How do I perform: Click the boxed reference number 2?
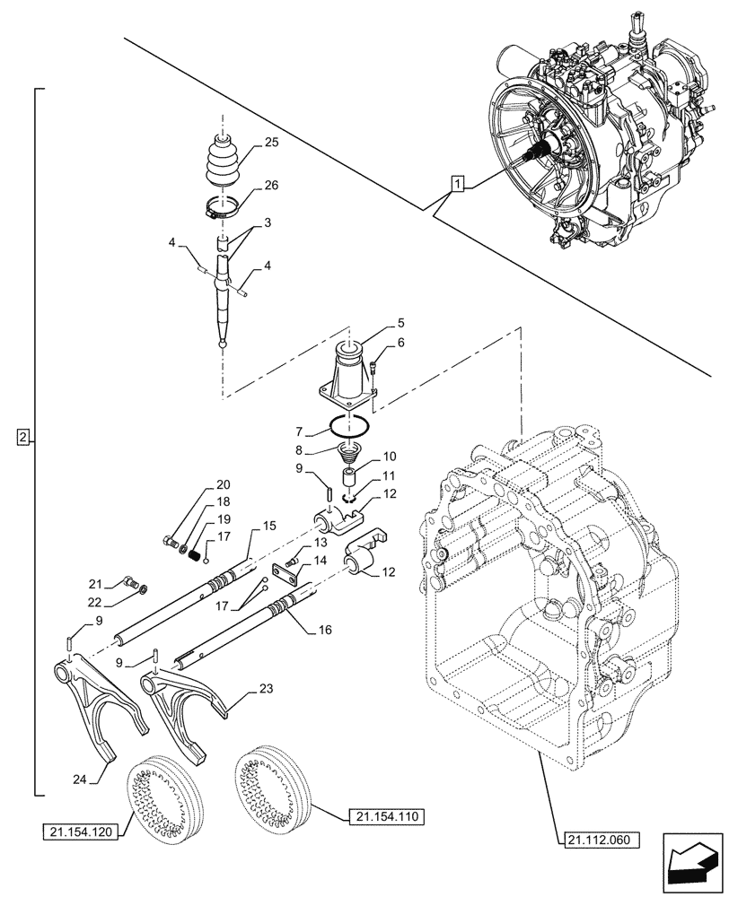(23, 438)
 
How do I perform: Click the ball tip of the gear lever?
(223, 342)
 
